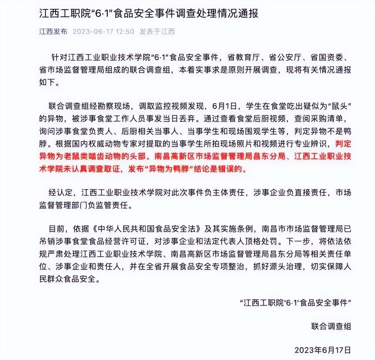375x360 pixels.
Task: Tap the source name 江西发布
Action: [53, 31]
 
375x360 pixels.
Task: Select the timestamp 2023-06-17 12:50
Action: [103, 31]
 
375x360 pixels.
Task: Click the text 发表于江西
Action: [157, 31]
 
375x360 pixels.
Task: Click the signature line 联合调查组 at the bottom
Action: [331, 326]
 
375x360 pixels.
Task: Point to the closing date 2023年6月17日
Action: [323, 350]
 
